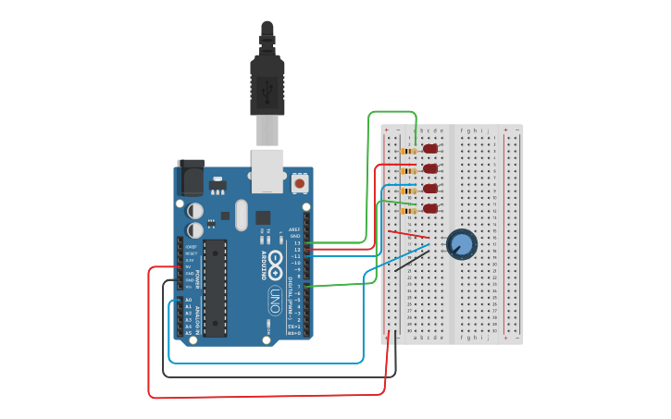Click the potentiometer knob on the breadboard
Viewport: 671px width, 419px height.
pos(461,244)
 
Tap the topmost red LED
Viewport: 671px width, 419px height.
pos(429,149)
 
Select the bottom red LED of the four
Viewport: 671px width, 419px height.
pos(430,209)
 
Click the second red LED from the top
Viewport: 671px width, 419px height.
pos(430,168)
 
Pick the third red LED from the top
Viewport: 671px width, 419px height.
pos(430,189)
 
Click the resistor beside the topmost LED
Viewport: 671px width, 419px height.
pos(407,151)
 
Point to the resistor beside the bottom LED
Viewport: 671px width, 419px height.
pos(407,210)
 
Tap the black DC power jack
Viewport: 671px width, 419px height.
pos(191,178)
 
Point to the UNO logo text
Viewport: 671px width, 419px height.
pos(275,300)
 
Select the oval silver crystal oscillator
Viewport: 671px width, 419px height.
pos(242,216)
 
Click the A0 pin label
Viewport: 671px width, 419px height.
pos(188,300)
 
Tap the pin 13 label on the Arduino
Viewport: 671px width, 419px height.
pos(297,242)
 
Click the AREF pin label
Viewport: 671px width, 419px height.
pos(295,228)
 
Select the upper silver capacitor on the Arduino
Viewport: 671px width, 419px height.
pos(195,210)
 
